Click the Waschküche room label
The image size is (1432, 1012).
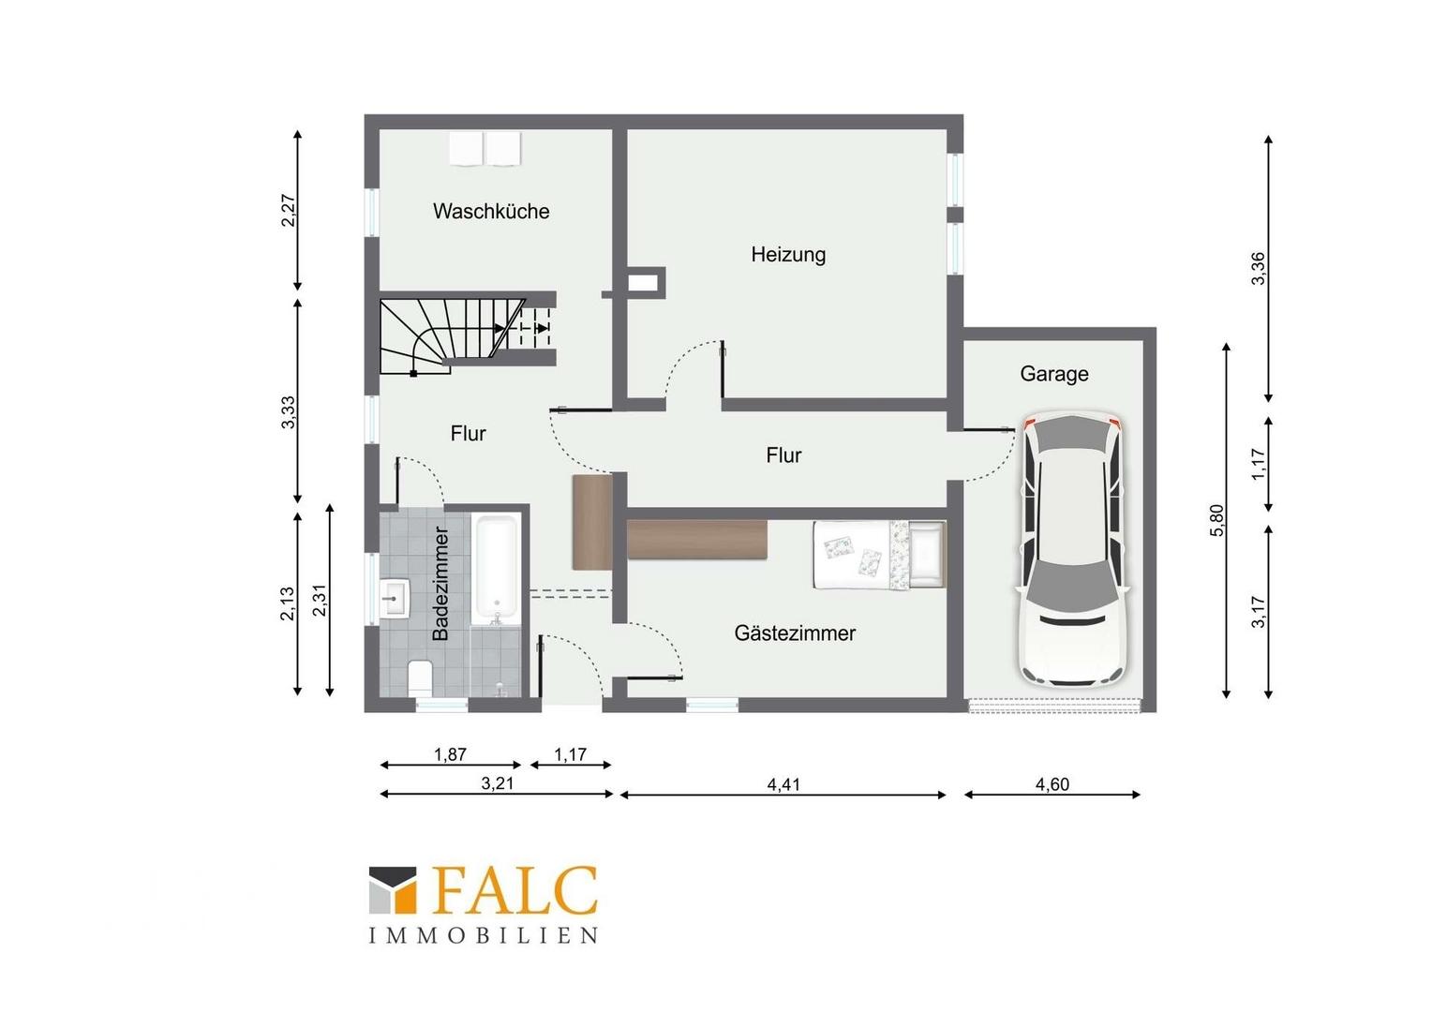coord(491,211)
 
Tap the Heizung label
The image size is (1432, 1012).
coord(788,255)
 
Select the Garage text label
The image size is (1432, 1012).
coord(1054,373)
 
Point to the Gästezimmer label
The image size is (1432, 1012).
coord(795,632)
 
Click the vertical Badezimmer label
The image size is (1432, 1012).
coord(440,584)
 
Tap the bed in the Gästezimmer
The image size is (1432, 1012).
coord(879,555)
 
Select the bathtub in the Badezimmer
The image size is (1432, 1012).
coord(496,569)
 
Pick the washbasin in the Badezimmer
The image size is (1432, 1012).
coord(395,599)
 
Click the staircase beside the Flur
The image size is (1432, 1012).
coord(467,335)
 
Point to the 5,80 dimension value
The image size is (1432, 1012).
coord(1217,521)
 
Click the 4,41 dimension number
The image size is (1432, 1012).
coord(783,784)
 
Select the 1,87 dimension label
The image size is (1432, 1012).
coord(450,755)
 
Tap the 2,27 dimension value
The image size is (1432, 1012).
coord(289,210)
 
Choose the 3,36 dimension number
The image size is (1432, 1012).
coord(1258,269)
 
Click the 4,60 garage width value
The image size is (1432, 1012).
coord(1052,784)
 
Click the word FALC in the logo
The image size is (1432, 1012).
coord(515,891)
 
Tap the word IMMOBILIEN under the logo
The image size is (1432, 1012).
coord(484,936)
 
